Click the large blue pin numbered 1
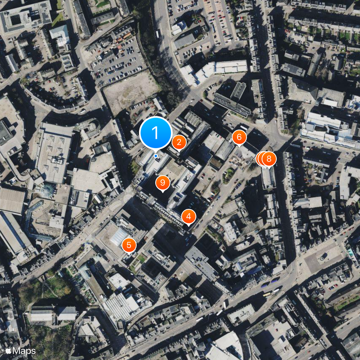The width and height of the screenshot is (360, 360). pos(156,133)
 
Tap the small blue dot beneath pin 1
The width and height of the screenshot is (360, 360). pos(156,156)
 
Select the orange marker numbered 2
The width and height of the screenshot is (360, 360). pos(179,142)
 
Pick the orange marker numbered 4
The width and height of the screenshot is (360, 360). pos(189,216)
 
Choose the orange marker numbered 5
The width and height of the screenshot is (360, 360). pos(129,245)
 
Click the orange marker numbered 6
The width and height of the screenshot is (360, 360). pos(239,137)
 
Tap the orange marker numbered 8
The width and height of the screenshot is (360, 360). pos(269,158)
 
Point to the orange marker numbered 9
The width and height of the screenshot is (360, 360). pos(162,183)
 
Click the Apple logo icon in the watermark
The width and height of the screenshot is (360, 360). pos(8,350)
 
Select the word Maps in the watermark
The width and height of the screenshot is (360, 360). pos(24,350)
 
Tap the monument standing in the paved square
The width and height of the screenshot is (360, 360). pos(323,256)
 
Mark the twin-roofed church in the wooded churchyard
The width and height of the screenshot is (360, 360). pos(54,313)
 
